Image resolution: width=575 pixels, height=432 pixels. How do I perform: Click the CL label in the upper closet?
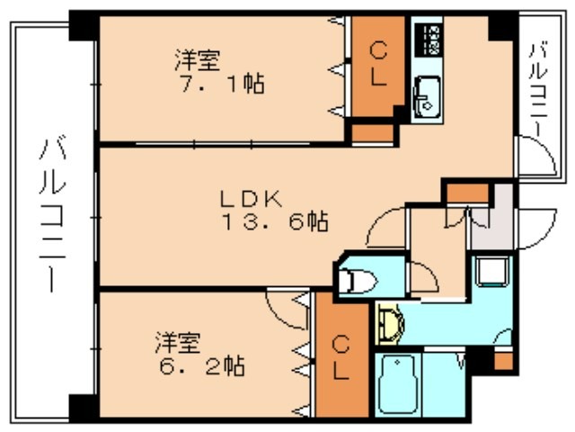pyautogui.click(x=377, y=63)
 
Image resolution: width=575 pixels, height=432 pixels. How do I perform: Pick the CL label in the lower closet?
pyautogui.click(x=342, y=358)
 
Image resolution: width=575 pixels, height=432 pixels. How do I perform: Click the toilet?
pyautogui.click(x=358, y=280)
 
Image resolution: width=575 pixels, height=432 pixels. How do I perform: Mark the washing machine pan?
pyautogui.click(x=491, y=271)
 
